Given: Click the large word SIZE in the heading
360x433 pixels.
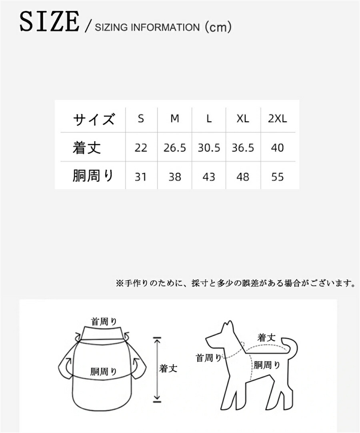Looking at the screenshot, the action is [50, 21].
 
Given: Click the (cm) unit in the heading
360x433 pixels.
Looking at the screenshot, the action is [218, 27].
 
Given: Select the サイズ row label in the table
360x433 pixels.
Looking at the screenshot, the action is [94, 120].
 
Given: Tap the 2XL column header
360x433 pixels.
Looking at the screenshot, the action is [278, 119].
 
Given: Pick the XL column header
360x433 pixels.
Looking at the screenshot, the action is [243, 119].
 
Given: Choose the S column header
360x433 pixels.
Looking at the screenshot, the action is [141, 119].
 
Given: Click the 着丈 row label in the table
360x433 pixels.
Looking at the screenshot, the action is [87, 148].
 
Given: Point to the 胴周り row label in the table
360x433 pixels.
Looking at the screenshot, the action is [93, 176].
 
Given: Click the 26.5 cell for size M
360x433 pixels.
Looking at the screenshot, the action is [175, 148].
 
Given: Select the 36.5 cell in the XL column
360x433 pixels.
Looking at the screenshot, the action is [243, 148].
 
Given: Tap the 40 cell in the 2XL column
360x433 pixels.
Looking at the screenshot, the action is [278, 148].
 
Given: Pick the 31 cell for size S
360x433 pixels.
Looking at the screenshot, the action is [140, 177].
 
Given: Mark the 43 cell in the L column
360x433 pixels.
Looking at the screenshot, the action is [209, 177].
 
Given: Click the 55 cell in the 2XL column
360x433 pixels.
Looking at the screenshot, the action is [278, 177].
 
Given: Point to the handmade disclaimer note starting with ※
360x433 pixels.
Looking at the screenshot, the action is [236, 283].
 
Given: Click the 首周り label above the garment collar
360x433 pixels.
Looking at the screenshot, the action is [104, 321].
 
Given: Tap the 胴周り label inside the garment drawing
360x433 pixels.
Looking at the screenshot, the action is [104, 372].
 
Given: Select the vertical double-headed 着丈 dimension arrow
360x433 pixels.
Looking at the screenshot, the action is [157, 368].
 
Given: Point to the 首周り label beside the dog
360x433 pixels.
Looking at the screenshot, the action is [209, 358].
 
